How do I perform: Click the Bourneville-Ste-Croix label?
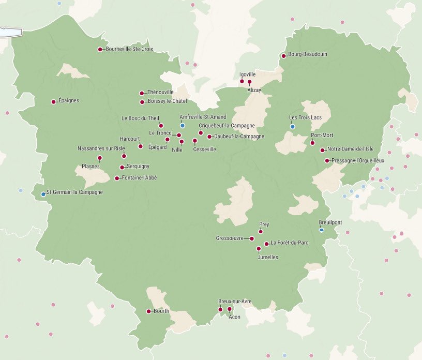pyautogui.click(x=129, y=50)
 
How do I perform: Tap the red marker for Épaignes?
pyautogui.click(x=53, y=102)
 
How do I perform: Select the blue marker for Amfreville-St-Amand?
pyautogui.click(x=183, y=126)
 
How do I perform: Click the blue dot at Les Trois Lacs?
pyautogui.click(x=292, y=127)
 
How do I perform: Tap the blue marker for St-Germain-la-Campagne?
pyautogui.click(x=43, y=194)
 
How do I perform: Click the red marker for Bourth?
pyautogui.click(x=148, y=311)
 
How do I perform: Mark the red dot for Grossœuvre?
pyautogui.click(x=251, y=239)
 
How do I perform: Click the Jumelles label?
pyautogui.click(x=267, y=257)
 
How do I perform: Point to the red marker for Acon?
pyautogui.click(x=230, y=309)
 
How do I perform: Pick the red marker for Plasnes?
pyautogui.click(x=100, y=158)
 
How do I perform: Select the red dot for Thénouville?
pyautogui.click(x=142, y=94)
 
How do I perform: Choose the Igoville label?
pyautogui.click(x=248, y=74)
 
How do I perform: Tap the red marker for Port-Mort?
pyautogui.click(x=312, y=143)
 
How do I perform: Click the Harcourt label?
pyautogui.click(x=130, y=139)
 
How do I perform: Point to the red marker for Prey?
pyautogui.click(x=261, y=232)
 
